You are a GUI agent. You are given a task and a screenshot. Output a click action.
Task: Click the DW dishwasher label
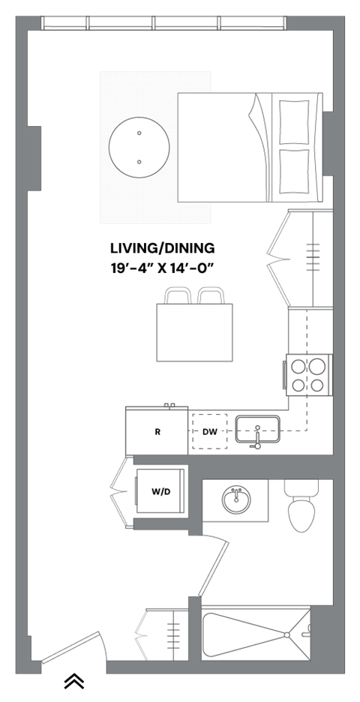(209, 432)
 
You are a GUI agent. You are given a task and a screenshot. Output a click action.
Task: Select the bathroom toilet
(301, 507)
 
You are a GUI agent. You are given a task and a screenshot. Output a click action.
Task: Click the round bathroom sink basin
(235, 500)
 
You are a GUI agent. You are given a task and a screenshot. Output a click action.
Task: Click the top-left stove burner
(298, 367)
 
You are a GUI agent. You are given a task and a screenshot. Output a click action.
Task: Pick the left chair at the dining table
(178, 296)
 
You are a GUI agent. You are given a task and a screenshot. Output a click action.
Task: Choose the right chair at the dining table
(211, 296)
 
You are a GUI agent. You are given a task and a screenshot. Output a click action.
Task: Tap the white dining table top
(194, 332)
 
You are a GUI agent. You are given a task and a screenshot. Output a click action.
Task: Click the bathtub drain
(287, 634)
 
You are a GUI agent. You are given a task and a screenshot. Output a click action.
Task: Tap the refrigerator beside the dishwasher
(156, 430)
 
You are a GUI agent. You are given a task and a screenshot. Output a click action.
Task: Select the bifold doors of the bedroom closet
(278, 258)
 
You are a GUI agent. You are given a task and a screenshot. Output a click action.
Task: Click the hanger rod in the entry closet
(174, 634)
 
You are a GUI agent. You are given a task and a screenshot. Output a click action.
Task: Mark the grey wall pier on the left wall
(34, 157)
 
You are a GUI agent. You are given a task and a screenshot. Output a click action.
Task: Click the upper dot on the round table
(139, 133)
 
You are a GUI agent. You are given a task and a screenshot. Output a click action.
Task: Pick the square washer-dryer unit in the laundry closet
(160, 491)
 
